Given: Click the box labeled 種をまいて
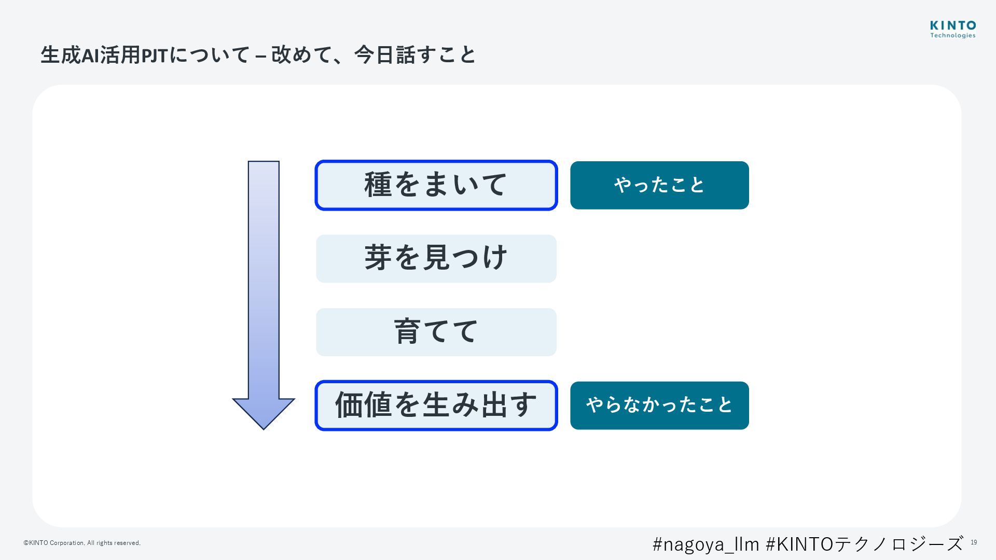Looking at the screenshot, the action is coord(436,185).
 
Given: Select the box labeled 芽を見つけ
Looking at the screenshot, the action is coord(436,258).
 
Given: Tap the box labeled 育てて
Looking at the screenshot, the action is coord(436,332).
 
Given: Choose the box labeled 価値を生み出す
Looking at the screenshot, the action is coord(436,405).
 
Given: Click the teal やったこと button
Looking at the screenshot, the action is coord(659,185).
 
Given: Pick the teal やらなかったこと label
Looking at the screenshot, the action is coord(659,405).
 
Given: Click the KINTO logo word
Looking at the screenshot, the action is coord(953,25).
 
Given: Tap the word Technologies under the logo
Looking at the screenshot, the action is coord(953,36).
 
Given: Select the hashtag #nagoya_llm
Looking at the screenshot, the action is coord(706,544).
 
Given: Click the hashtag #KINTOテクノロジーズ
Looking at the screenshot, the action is coord(864,544).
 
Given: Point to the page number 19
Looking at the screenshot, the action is coord(974,542).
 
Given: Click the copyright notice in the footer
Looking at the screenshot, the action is coord(82,543).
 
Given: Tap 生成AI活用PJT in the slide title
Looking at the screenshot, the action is coord(104,55).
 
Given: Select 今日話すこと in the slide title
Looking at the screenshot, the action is coord(415,55).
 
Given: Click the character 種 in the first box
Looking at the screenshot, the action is coord(378,185).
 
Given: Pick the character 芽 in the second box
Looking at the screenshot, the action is coord(378,258).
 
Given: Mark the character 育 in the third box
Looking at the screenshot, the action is coord(407,331).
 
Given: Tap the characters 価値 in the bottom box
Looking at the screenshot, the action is coord(363,405).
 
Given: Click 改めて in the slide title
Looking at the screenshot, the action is coord(301,55).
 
